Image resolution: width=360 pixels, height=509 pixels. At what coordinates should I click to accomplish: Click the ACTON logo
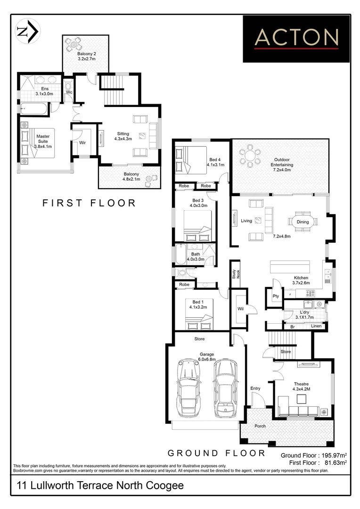(297, 39)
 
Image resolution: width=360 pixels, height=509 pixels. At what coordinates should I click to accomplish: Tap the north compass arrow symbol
(28, 31)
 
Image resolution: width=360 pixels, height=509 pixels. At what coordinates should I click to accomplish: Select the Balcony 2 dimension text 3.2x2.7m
(86, 59)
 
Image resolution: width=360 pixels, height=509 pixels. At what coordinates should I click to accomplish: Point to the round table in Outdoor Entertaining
(249, 156)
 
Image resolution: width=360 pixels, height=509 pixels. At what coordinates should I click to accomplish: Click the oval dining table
(303, 222)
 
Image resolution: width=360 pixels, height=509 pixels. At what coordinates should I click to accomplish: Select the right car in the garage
(224, 388)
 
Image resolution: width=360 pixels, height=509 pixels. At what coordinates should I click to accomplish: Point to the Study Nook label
(234, 274)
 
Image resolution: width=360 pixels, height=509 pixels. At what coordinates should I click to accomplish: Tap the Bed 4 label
(215, 159)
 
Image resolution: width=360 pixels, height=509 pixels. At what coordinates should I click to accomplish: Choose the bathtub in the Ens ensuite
(34, 109)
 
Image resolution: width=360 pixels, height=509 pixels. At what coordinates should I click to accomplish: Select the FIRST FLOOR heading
(89, 203)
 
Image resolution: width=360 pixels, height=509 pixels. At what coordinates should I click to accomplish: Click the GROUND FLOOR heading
(217, 453)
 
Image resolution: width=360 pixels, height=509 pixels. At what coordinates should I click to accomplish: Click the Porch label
(260, 426)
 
